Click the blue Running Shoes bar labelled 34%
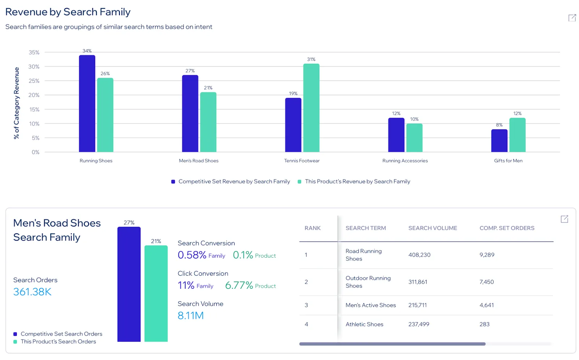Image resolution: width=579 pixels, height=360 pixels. point(87,103)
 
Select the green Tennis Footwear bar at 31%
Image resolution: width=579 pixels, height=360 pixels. point(311,108)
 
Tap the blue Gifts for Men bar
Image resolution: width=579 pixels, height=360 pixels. point(499,141)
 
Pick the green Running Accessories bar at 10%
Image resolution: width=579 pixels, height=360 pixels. point(414,138)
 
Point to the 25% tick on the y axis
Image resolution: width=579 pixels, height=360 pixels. point(34,81)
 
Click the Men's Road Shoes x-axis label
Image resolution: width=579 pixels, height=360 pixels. point(199,161)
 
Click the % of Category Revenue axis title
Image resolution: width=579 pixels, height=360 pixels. point(16,103)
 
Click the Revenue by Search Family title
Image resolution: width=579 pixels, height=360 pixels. point(68,12)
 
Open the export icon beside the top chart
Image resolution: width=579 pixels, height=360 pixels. point(572,18)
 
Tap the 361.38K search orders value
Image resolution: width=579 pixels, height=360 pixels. point(32,292)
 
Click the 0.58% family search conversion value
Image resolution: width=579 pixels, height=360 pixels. point(192,255)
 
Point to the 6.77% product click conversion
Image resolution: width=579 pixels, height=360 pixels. point(239,285)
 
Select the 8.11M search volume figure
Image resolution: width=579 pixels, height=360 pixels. point(191,315)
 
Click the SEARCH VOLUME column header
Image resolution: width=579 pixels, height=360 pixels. point(432,228)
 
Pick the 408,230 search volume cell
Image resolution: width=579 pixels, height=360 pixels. point(419,255)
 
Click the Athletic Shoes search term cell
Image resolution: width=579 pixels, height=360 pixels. point(364,325)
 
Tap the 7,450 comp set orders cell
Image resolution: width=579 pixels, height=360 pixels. point(486,282)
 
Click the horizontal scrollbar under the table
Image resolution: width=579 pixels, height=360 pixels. point(392,344)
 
